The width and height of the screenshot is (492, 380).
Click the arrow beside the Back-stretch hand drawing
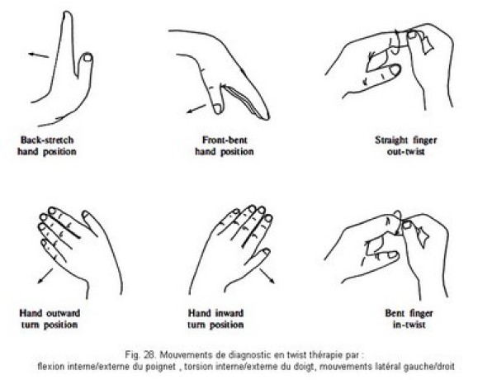(39, 55)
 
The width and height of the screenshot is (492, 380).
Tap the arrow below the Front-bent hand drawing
(196, 109)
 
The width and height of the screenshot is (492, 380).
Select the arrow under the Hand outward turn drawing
(45, 276)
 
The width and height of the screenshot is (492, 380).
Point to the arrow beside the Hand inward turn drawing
(267, 276)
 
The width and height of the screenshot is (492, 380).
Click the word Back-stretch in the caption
(47, 140)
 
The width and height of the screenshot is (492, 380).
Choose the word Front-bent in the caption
(225, 140)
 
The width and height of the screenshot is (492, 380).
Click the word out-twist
(405, 152)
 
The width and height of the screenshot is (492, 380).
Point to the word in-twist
(409, 325)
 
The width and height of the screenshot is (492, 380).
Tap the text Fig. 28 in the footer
(140, 355)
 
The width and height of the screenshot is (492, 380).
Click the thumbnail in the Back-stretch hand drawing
(88, 57)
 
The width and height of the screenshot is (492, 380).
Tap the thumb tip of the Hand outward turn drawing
(85, 214)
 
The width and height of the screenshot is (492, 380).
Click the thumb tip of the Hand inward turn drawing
(266, 252)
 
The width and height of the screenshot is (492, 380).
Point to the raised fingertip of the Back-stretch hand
(67, 13)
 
